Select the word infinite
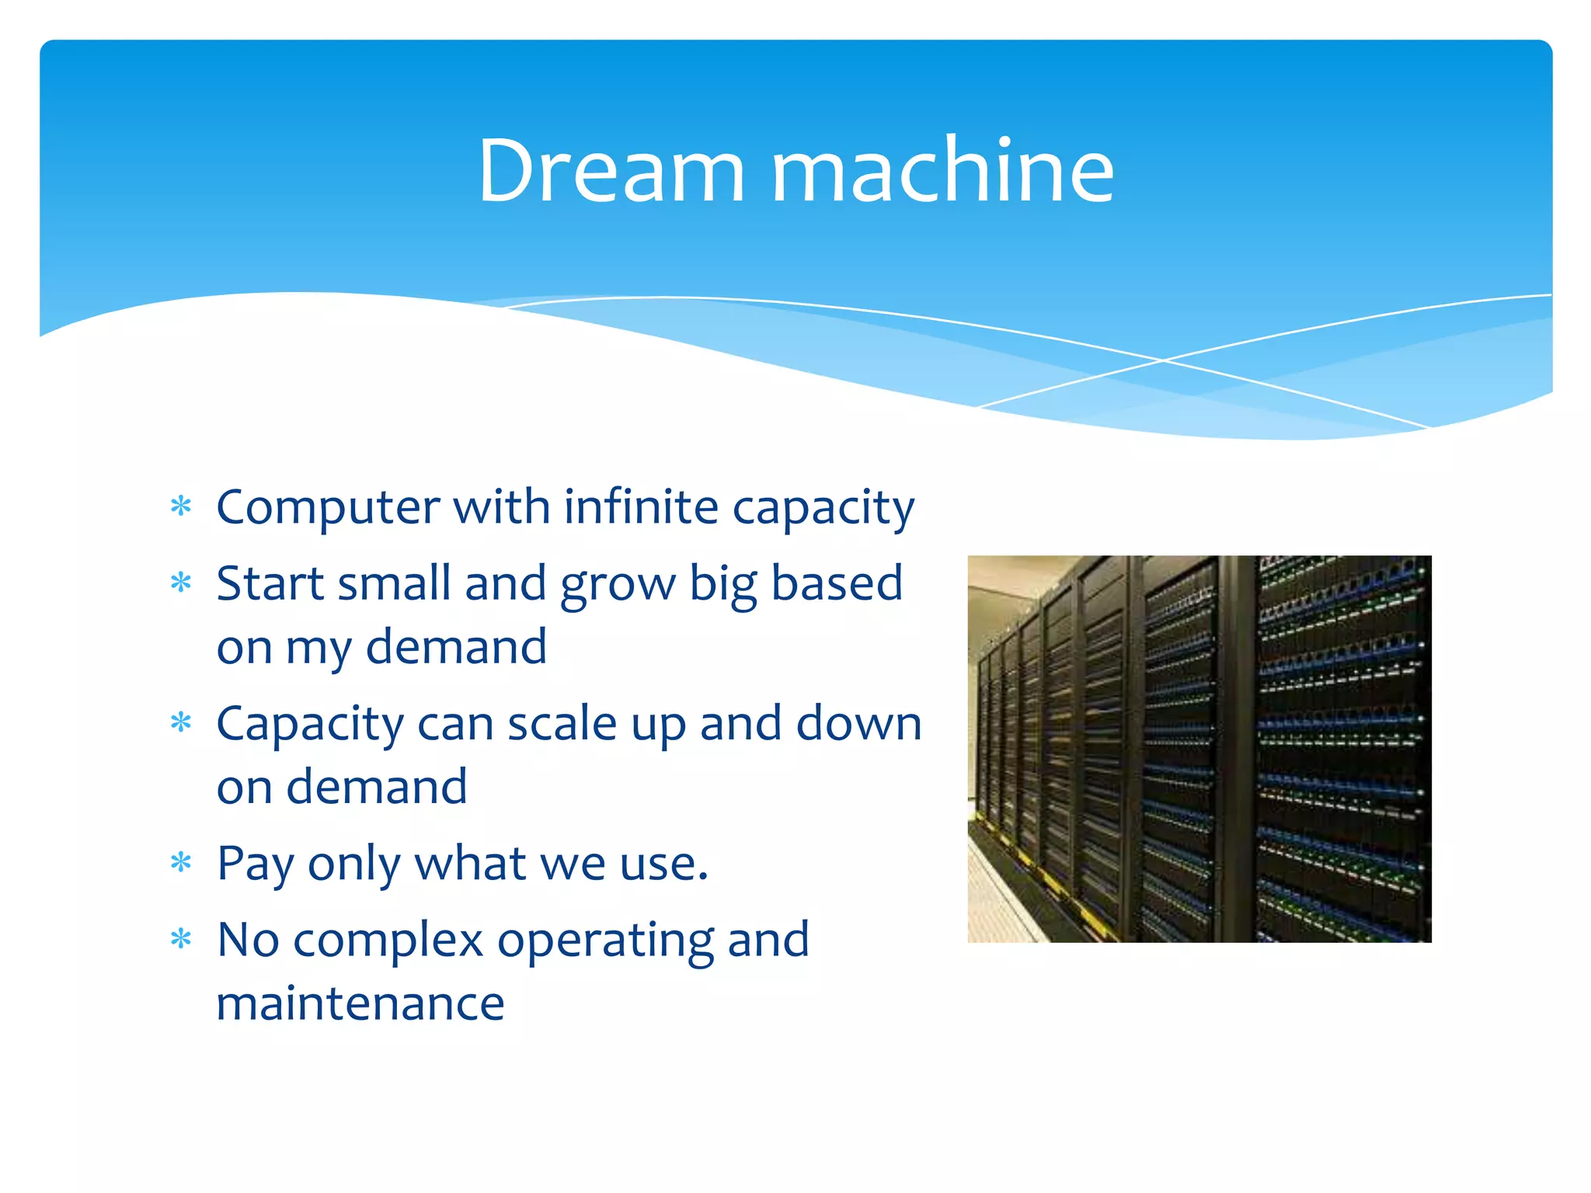click(x=641, y=506)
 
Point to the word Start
click(x=269, y=583)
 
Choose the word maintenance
click(x=360, y=1003)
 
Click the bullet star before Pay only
click(x=181, y=862)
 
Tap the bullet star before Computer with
click(x=181, y=506)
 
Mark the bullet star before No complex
click(x=181, y=939)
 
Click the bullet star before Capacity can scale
click(x=181, y=723)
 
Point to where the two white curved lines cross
click(x=1163, y=360)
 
